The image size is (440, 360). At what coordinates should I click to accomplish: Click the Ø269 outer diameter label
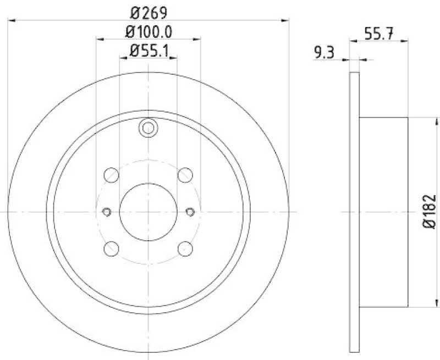148,12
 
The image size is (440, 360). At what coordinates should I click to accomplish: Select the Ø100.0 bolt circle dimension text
148,32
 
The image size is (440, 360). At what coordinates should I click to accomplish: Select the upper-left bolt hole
112,175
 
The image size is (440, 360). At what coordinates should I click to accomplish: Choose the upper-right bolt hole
185,175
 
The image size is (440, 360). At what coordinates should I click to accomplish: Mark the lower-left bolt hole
112,248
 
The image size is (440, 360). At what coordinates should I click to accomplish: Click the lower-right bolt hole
185,248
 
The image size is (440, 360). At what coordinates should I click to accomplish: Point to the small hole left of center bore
107,212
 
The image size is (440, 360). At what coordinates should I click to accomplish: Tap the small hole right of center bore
190,212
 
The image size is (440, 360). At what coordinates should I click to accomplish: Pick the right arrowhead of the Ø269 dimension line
285,21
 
